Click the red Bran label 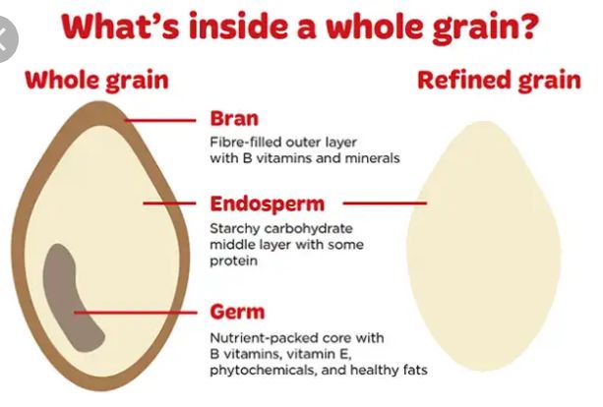pos(234,119)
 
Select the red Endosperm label pos(268,204)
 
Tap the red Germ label pos(237,312)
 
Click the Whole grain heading pos(96,81)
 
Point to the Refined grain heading pos(499,81)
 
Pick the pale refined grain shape pos(483,246)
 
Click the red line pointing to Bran pos(160,121)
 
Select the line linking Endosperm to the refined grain pos(385,203)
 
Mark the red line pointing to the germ pos(136,313)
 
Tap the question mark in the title pos(528,26)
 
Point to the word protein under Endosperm pos(233,262)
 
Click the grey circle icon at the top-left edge pos(6,39)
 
